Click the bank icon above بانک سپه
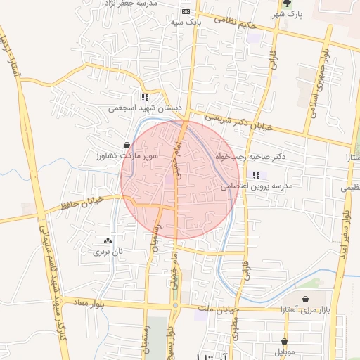click(x=186, y=11)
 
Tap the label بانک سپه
click(x=186, y=22)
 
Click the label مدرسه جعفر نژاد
click(x=154, y=4)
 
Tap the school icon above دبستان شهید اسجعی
click(x=145, y=98)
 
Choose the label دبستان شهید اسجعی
click(x=145, y=109)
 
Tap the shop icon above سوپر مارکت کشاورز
click(x=127, y=143)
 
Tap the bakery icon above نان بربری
click(x=108, y=240)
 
